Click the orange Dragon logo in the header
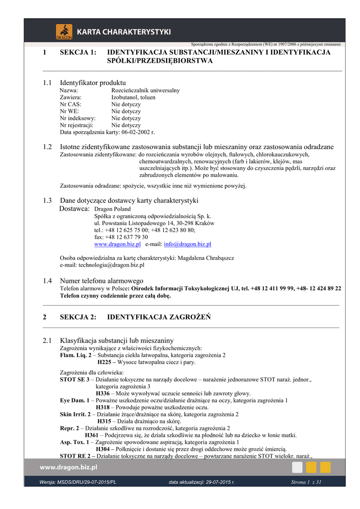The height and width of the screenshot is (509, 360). (x=64, y=32)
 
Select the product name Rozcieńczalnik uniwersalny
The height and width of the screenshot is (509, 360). (x=146, y=90)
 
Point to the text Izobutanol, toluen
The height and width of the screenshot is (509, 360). (x=133, y=97)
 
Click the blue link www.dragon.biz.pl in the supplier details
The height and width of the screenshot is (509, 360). (x=117, y=244)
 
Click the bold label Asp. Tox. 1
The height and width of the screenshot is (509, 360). (x=74, y=442)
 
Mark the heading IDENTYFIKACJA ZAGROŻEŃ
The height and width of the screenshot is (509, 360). (x=159, y=317)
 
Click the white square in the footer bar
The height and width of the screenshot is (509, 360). (x=297, y=467)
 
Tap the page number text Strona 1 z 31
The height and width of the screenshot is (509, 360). (x=306, y=482)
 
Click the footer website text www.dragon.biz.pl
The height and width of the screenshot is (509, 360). (x=68, y=467)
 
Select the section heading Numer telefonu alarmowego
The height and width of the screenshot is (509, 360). (x=101, y=281)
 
